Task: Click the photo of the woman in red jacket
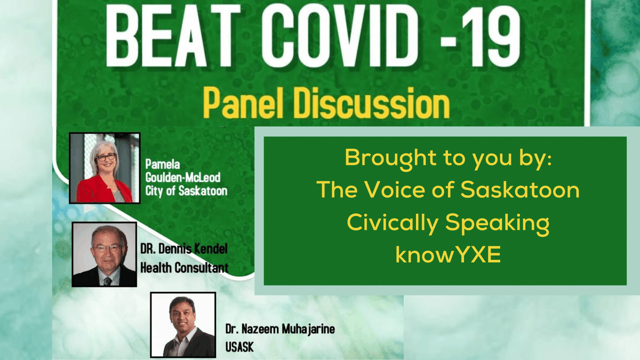(x=105, y=169)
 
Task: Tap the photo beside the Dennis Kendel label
(x=104, y=254)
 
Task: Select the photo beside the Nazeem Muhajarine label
(x=183, y=324)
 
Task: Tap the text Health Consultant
(x=184, y=267)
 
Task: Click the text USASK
(x=240, y=347)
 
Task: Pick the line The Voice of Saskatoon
(x=445, y=190)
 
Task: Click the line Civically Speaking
(x=445, y=223)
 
